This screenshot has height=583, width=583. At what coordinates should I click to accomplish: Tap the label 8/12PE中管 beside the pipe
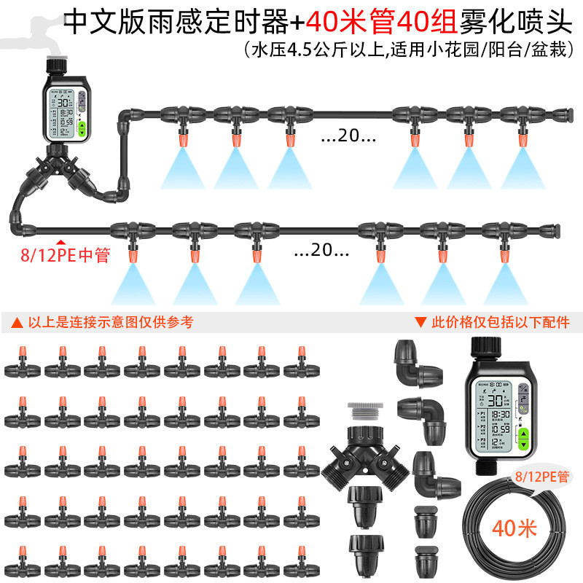point(64,256)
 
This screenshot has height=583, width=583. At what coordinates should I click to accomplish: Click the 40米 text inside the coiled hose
point(514,527)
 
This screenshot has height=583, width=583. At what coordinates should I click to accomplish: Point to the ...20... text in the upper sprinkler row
point(348,136)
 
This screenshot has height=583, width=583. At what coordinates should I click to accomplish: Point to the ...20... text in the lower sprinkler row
point(321,251)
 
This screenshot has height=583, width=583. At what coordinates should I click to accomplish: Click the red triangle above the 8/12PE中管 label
point(61,243)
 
